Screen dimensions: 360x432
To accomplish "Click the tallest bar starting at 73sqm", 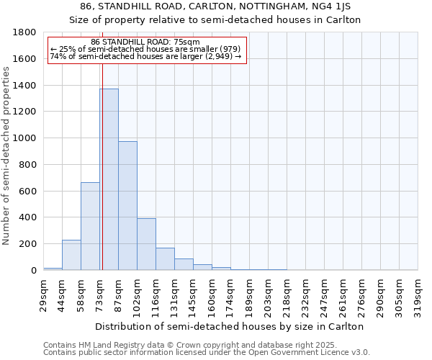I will pos(109,180).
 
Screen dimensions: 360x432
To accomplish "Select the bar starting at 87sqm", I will pos(127,206).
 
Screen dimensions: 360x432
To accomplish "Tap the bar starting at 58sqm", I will pos(90,226).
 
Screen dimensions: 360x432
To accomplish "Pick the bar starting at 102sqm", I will pos(146,245).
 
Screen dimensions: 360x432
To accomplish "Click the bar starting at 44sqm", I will pos(71,255).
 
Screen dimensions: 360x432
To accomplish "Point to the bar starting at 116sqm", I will pos(165,259).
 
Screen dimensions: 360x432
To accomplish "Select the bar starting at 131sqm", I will pos(184,264).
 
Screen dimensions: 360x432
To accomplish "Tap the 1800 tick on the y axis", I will pos(25,32).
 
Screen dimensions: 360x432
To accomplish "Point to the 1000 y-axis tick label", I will pos(25,138).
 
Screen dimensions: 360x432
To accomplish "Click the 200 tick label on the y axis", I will pos(28,244).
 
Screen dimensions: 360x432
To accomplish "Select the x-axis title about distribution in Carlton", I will pos(230,326).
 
